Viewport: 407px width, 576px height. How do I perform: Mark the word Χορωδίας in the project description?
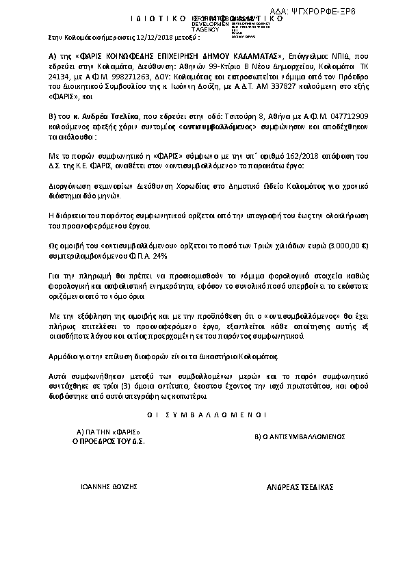(x=178, y=185)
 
